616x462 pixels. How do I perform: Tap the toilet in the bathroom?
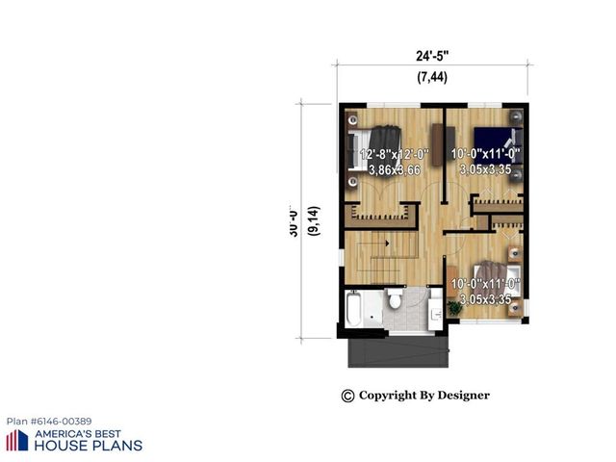(394, 301)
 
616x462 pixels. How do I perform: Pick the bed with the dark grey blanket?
(376, 146)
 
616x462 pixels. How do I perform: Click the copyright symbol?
(347, 396)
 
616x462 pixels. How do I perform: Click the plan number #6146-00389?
(49, 422)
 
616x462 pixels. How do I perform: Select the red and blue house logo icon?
(17, 440)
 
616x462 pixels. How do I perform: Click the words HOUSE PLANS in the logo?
(89, 446)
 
